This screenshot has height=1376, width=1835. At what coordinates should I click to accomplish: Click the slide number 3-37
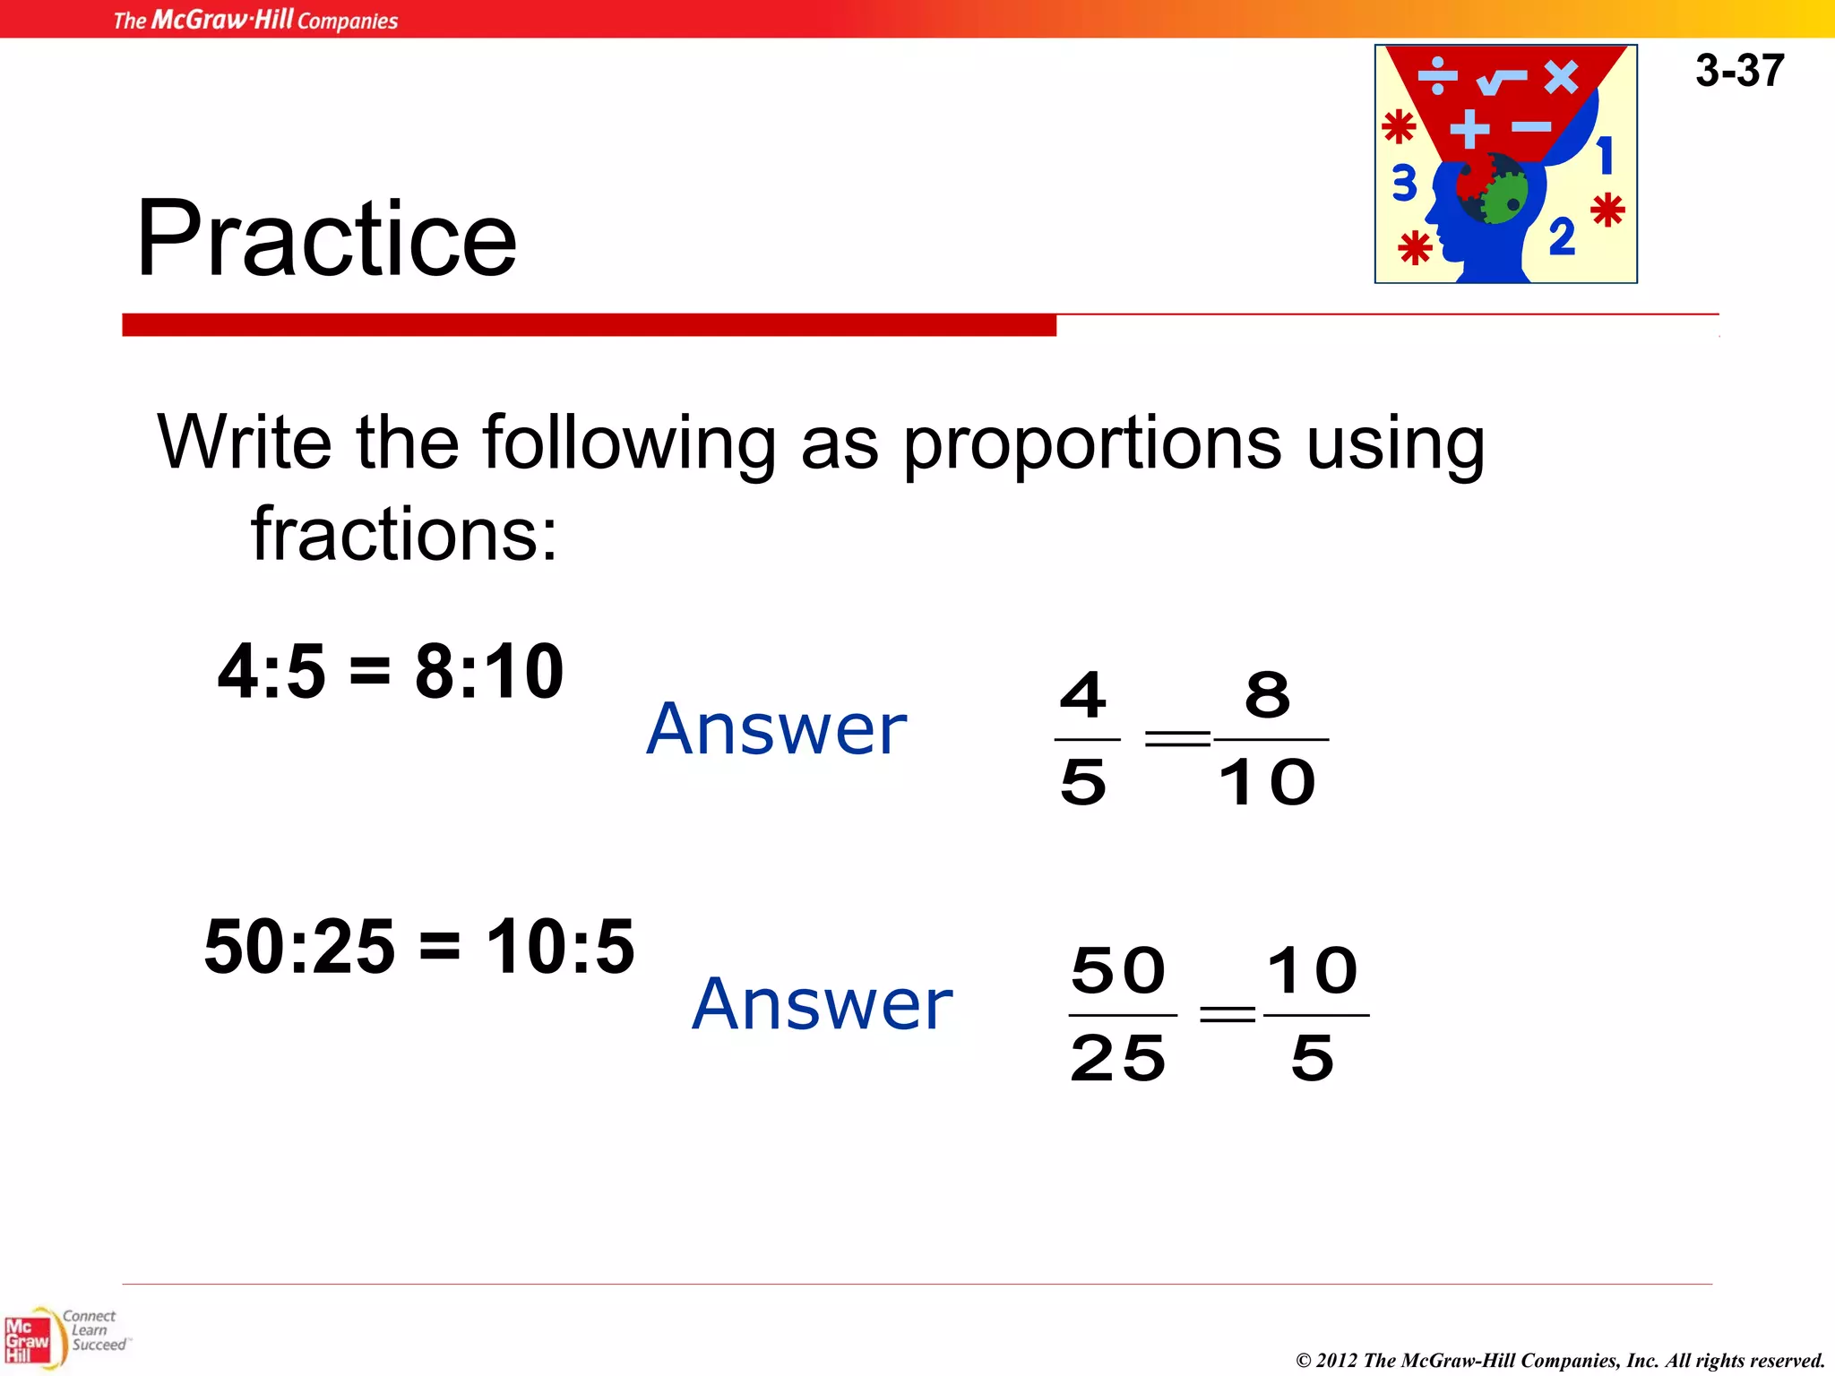tap(1739, 71)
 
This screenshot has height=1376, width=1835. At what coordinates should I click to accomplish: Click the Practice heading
tap(326, 238)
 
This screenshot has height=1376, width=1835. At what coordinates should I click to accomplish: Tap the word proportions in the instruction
tap(1091, 443)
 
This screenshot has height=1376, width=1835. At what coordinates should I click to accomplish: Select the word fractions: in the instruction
tap(404, 534)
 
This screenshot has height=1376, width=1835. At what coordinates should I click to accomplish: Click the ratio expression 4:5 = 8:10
tap(391, 672)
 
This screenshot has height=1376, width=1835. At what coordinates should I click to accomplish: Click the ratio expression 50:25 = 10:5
tap(419, 947)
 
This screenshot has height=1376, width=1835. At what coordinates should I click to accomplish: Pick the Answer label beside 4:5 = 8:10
tap(776, 729)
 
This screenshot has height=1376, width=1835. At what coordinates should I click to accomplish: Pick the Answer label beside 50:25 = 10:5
tap(822, 1004)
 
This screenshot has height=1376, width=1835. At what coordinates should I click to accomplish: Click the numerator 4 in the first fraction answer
tap(1083, 695)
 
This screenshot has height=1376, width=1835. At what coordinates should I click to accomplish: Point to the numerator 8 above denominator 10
tap(1268, 695)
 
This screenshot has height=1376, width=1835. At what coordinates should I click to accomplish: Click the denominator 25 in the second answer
tap(1118, 1059)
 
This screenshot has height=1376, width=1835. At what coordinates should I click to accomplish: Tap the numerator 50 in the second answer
tap(1118, 971)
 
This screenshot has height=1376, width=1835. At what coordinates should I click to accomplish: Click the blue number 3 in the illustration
tap(1404, 184)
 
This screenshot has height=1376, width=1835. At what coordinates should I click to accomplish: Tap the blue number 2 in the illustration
tap(1562, 237)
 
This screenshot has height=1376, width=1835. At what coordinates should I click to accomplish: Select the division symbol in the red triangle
tap(1438, 75)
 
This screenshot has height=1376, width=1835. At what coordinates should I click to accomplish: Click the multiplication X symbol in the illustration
tap(1561, 77)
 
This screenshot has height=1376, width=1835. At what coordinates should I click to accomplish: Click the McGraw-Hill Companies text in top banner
tap(255, 20)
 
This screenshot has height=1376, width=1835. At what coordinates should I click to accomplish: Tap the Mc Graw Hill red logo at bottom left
tap(27, 1340)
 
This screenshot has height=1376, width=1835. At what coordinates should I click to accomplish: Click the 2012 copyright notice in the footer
tap(1560, 1360)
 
